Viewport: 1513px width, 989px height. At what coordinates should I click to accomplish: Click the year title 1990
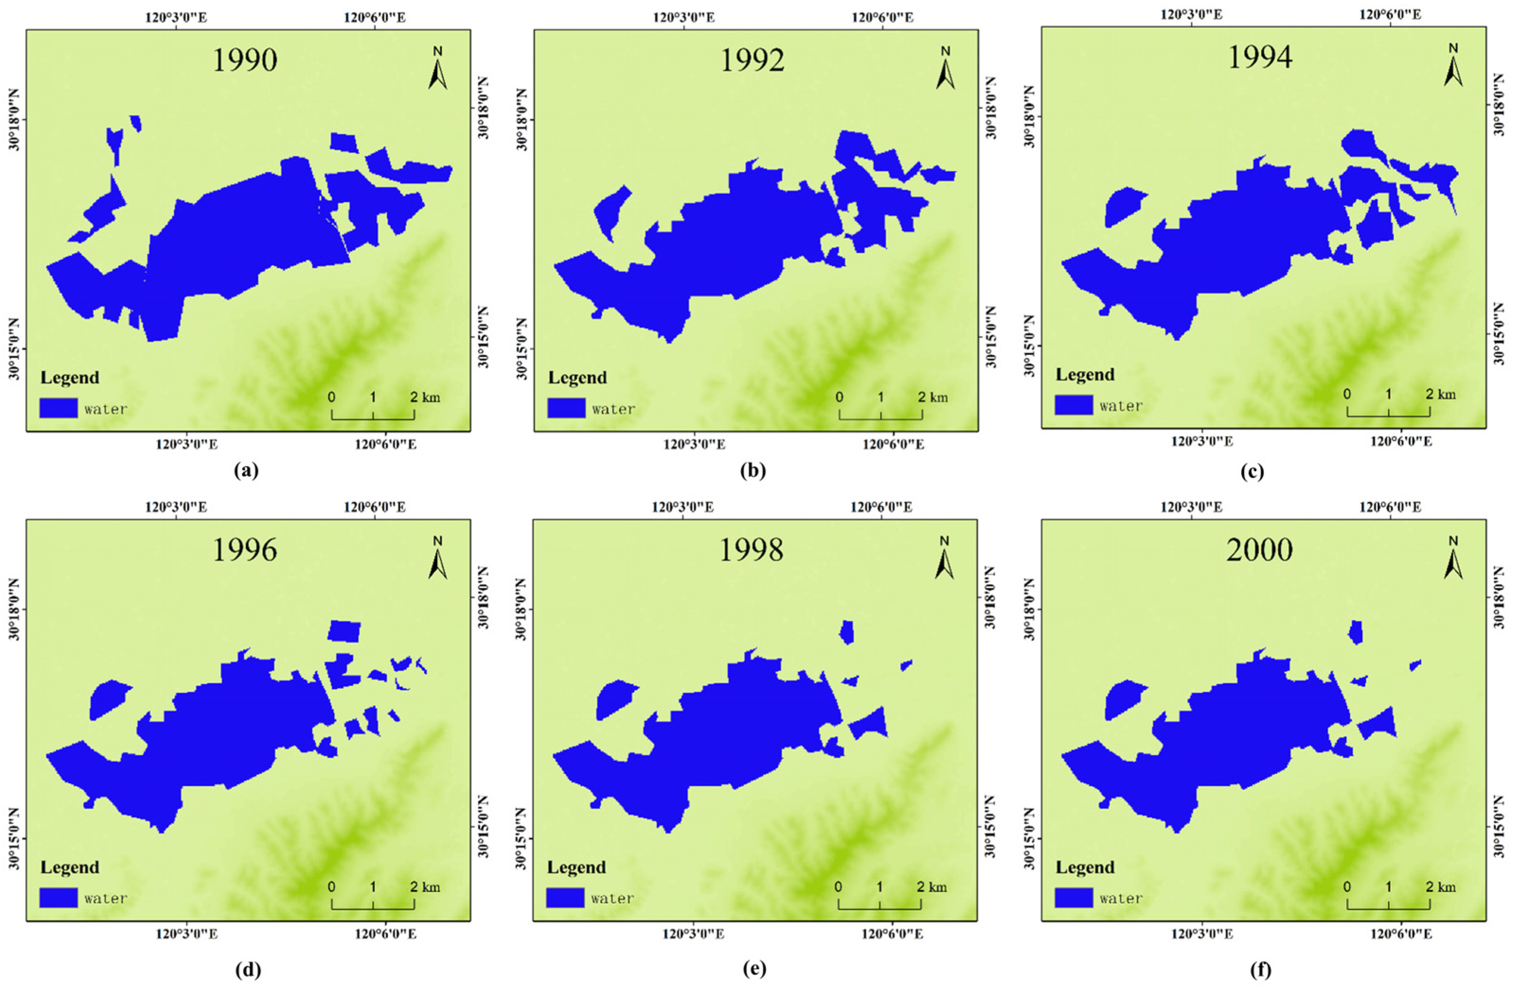tap(245, 61)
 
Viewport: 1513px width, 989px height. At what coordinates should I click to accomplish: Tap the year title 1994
tap(1260, 57)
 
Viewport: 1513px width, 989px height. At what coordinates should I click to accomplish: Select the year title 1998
tap(751, 550)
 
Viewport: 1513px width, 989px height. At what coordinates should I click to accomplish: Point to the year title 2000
tap(1260, 550)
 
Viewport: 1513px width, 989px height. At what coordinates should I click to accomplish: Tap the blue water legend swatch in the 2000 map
tap(1074, 898)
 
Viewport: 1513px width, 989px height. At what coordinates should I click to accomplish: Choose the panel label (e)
tap(753, 969)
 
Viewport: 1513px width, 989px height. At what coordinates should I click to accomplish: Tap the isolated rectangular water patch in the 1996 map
tap(344, 631)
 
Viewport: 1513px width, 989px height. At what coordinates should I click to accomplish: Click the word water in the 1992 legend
tap(613, 409)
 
